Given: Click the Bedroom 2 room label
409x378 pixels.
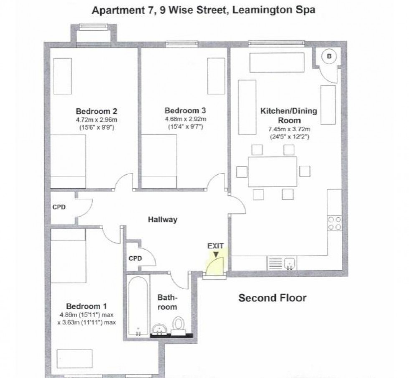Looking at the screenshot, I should pos(96,111).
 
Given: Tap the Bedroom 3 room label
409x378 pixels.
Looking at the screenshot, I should pos(185,110).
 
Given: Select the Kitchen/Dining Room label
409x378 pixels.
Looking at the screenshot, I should pos(288,115).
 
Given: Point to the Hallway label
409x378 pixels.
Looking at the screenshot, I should pos(163,220).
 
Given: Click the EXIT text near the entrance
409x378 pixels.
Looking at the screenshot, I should pos(216,246).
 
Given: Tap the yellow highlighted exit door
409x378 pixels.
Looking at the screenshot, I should pos(215,263).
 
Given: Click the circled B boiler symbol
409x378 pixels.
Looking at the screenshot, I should pos(329,57).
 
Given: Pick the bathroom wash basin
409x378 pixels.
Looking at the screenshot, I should pos(159,329).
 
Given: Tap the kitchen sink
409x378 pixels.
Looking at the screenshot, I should pos(290,263).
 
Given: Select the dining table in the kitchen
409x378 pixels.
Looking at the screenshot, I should pos(272,171).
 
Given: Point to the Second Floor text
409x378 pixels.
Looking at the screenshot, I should pos(272,298).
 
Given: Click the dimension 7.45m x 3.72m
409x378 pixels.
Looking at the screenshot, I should pos(288,130).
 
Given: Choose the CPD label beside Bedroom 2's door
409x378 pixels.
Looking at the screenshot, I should pos(59,207).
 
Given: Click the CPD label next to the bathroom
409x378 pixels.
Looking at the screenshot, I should pos(135,258).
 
